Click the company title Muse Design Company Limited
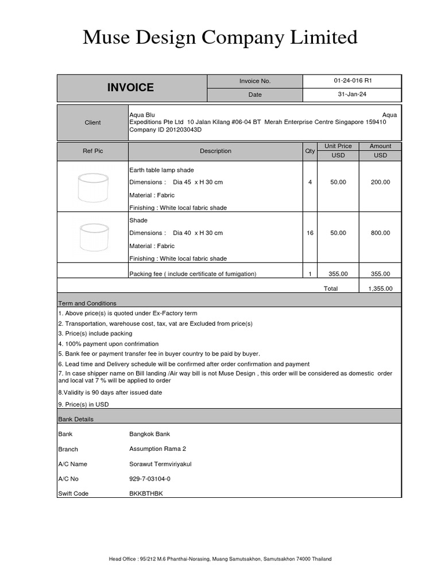pyautogui.click(x=220, y=38)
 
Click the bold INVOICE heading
pyautogui.click(x=131, y=87)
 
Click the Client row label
pyautogui.click(x=92, y=122)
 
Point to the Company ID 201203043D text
pyautogui.click(x=161, y=130)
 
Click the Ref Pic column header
pyautogui.click(x=93, y=151)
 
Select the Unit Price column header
pyautogui.click(x=338, y=146)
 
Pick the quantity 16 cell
pyautogui.click(x=310, y=233)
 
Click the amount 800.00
pyautogui.click(x=380, y=233)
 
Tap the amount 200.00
pyautogui.click(x=380, y=182)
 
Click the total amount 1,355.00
pyautogui.click(x=380, y=288)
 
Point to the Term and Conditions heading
pyautogui.click(x=87, y=303)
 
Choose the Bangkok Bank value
pyautogui.click(x=150, y=434)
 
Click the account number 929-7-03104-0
pyautogui.click(x=150, y=478)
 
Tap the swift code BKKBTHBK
pyautogui.click(x=146, y=493)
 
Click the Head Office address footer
pyautogui.click(x=220, y=559)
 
